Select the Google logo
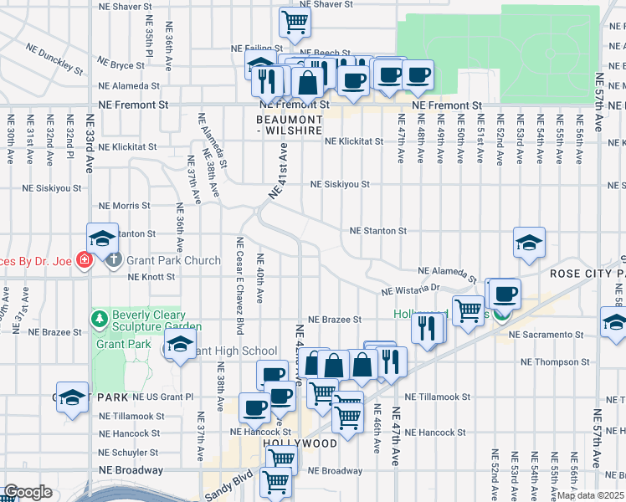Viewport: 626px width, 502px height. point(28,492)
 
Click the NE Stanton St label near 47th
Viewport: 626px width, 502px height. point(377,230)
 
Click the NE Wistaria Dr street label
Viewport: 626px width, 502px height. point(410,289)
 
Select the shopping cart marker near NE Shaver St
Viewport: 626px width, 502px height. point(295,23)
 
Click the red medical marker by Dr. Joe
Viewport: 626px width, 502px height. point(84,260)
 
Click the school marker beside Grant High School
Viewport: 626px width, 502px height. point(179,344)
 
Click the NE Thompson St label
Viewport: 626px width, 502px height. point(555,362)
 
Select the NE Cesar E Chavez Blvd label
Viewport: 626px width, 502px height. point(240,285)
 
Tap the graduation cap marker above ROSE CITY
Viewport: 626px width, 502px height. point(529,243)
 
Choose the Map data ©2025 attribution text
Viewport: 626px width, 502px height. point(591,495)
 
